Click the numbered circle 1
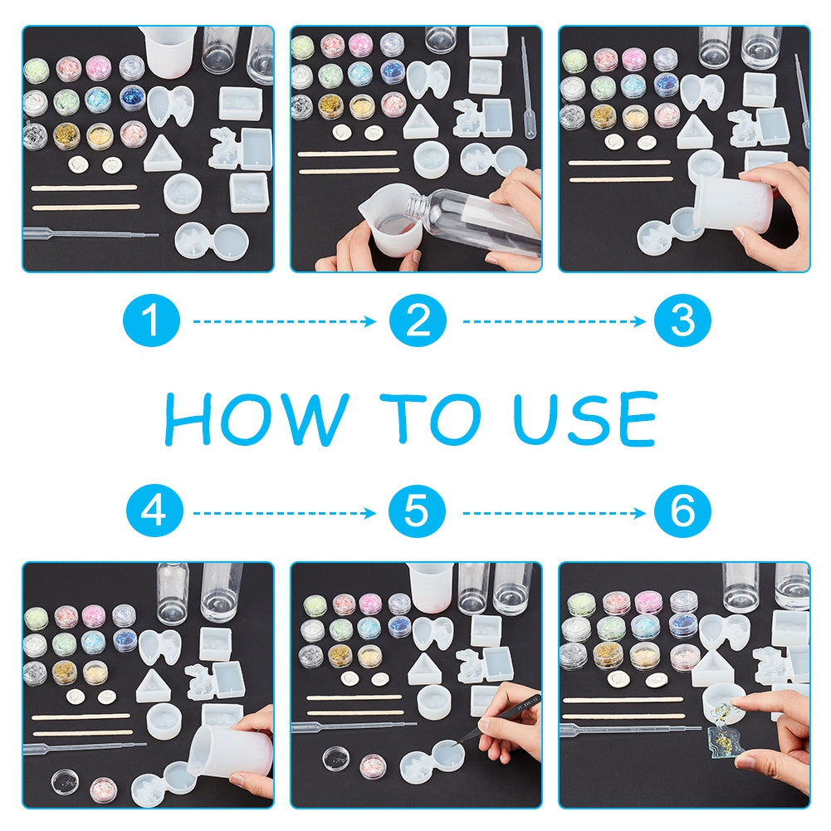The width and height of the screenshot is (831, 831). coord(151,320)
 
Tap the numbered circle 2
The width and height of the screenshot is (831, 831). coord(418,320)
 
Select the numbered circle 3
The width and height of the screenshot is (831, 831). coord(682,320)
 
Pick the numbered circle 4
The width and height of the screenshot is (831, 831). coord(154,511)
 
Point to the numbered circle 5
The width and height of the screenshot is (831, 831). coord(417,511)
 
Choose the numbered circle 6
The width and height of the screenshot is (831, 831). coord(682,511)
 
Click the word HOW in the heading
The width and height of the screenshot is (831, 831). coord(257,418)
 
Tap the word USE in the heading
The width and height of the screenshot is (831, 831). coord(585,418)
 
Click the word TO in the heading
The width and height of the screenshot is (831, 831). coord(431,418)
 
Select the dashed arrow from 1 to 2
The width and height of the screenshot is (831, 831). coord(284,321)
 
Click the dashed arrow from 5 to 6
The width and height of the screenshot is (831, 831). coord(554,512)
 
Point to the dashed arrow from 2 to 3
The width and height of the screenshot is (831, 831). coord(554,321)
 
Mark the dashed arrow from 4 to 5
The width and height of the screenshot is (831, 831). coord(284,512)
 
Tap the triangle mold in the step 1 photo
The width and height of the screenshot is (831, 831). coord(159,152)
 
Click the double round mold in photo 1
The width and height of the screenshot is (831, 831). coord(212,241)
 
